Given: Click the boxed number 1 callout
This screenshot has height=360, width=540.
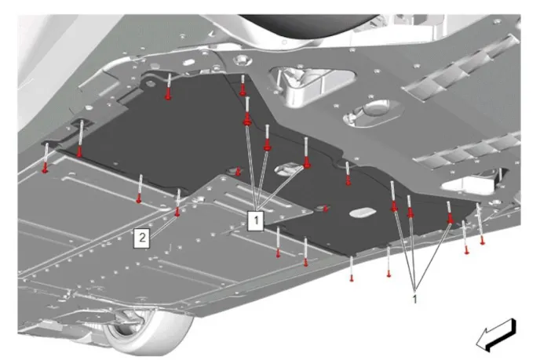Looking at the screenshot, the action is (x=256, y=220).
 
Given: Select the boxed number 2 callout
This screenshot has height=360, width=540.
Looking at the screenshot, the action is (x=142, y=238).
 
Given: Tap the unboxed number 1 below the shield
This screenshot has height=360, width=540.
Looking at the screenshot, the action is (x=415, y=299).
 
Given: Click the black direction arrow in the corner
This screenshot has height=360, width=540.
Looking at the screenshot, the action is (x=496, y=335).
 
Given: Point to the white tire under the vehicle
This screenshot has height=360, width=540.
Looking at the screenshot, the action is (x=148, y=330).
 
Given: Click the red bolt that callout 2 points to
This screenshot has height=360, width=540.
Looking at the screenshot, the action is (x=177, y=213).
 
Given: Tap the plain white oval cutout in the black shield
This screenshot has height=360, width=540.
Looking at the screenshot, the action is (x=363, y=212).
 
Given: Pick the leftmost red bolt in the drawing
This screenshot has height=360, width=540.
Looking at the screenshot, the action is (x=45, y=169).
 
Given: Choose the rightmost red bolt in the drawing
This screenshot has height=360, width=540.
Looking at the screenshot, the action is (x=483, y=242).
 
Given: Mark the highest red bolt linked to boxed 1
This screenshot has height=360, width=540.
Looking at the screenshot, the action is (x=247, y=121).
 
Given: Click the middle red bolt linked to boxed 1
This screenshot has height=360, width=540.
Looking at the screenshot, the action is (x=267, y=147).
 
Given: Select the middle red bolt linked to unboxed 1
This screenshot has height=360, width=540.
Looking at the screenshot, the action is (x=410, y=213).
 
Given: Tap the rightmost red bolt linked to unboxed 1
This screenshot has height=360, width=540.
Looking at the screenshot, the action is (x=450, y=219).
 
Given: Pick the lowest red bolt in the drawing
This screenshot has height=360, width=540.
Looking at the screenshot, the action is (x=352, y=279).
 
